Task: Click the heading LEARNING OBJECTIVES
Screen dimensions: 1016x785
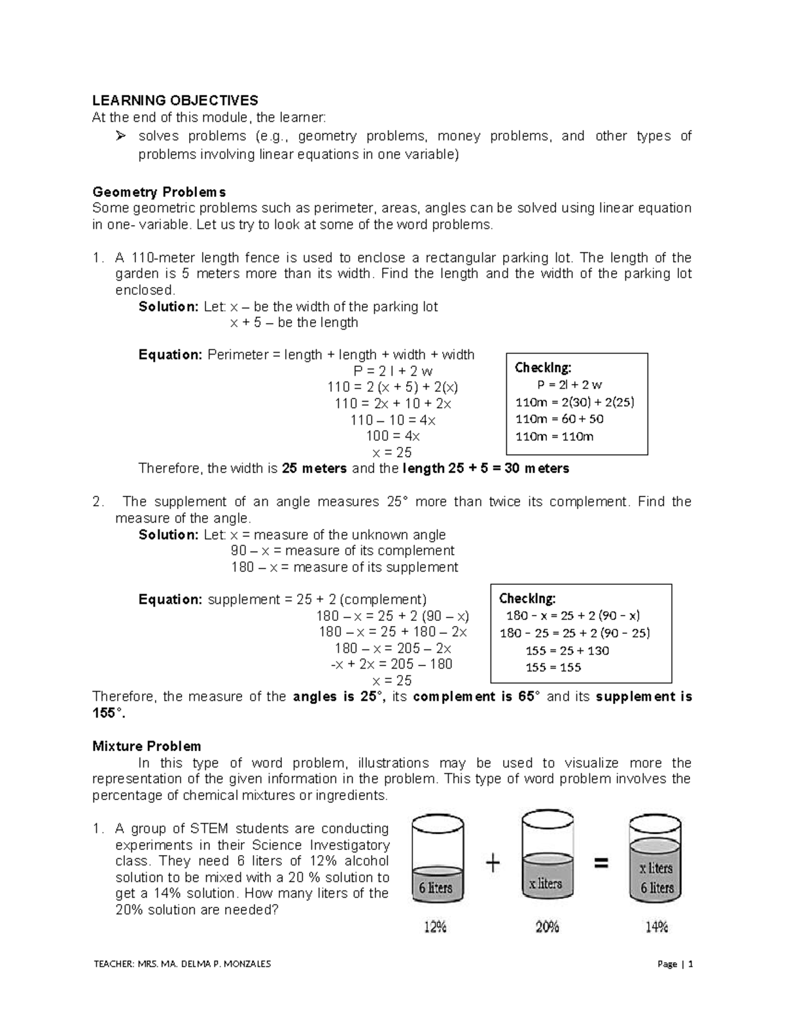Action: pos(175,100)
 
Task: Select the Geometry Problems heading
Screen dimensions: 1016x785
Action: pos(159,192)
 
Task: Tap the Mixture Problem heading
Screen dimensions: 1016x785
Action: pos(147,746)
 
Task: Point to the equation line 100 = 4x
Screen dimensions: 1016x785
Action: pos(393,436)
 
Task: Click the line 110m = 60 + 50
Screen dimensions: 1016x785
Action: pos(559,419)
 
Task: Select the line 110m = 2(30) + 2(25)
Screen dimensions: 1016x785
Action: pos(574,402)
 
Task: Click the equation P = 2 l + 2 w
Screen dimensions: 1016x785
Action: pos(392,371)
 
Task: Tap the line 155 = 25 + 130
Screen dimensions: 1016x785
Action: pos(567,650)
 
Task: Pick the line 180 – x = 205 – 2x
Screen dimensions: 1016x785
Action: pos(392,648)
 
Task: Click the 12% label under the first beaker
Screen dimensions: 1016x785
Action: pos(435,926)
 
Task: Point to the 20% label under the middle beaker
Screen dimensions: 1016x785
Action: pos(547,926)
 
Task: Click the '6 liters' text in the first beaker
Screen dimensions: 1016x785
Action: pos(435,888)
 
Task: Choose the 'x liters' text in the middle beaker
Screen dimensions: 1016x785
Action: pos(546,883)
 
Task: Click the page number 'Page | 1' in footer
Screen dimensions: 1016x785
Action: pos(675,964)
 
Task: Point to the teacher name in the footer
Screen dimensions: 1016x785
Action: pos(182,964)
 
